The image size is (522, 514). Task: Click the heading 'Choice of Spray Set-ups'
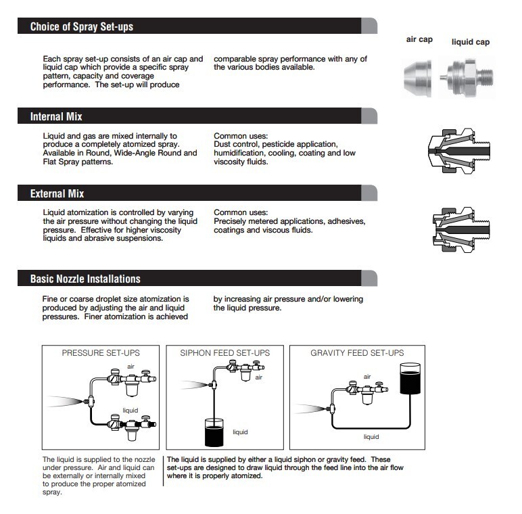(x=82, y=26)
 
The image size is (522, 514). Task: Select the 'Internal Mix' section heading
(x=56, y=116)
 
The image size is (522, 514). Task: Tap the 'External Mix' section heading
(x=57, y=193)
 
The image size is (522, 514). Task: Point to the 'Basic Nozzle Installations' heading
(x=85, y=279)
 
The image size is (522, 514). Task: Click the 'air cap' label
(x=419, y=39)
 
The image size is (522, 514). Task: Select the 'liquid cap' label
(x=471, y=42)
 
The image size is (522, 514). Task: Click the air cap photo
(x=418, y=78)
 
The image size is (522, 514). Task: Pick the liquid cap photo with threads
(x=467, y=78)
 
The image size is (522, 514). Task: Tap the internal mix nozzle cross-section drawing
(x=458, y=151)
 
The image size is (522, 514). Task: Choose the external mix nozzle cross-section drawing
(x=461, y=230)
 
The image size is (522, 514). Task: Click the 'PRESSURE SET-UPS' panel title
(x=101, y=353)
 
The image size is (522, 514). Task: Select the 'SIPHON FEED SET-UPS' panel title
(x=225, y=353)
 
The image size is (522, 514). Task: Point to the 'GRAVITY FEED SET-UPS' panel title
(x=357, y=353)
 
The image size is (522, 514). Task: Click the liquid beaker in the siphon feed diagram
(x=214, y=432)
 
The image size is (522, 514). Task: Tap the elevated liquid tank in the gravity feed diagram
(x=410, y=379)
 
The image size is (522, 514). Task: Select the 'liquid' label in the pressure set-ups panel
(x=130, y=410)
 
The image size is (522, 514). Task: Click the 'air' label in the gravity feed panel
(x=367, y=377)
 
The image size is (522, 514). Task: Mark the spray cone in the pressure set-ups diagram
(x=65, y=401)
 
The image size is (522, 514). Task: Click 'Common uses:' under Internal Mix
(x=241, y=136)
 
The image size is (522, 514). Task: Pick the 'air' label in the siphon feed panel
(x=259, y=377)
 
